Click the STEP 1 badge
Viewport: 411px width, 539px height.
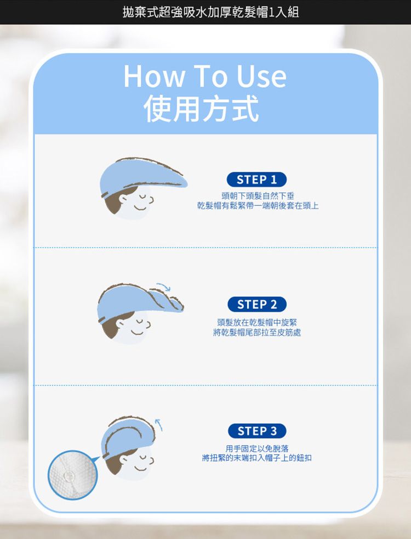tap(256, 179)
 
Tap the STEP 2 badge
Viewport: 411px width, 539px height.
tap(256, 304)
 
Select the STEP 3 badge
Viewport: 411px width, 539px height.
tap(256, 431)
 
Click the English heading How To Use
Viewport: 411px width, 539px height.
tap(205, 76)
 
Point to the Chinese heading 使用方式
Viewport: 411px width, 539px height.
tap(202, 110)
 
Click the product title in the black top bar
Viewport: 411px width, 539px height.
tap(211, 12)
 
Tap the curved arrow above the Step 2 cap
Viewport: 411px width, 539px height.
tap(163, 286)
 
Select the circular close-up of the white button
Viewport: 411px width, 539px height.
tap(72, 475)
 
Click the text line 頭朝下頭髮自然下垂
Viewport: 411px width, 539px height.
tap(258, 195)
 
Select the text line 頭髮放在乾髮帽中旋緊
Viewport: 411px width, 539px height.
tap(258, 322)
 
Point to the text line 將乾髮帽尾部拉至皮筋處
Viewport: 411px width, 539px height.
tap(258, 333)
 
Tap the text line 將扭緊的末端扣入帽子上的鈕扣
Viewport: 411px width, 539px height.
tap(258, 458)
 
